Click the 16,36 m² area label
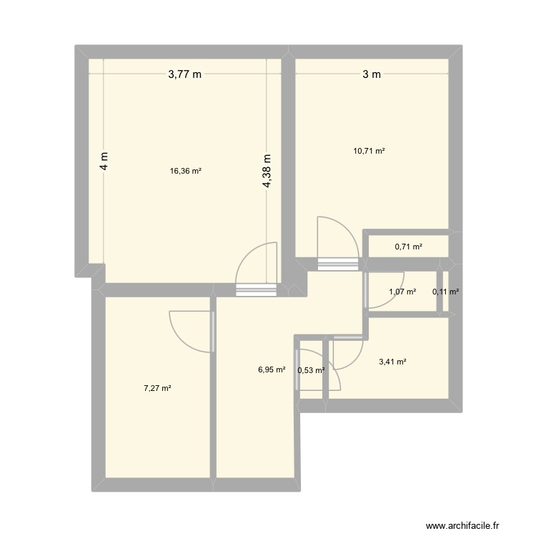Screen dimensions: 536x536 click(185, 171)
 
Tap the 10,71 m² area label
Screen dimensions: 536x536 click(369, 151)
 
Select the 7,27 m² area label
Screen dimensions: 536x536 click(157, 388)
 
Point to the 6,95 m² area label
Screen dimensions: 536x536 click(272, 369)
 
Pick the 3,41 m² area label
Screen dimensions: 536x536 click(393, 362)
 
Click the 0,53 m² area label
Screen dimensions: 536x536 click(311, 369)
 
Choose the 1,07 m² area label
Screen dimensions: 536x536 click(402, 292)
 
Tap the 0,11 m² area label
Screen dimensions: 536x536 click(446, 292)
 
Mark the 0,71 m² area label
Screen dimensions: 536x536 click(408, 247)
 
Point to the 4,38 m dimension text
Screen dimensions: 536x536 click(267, 172)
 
